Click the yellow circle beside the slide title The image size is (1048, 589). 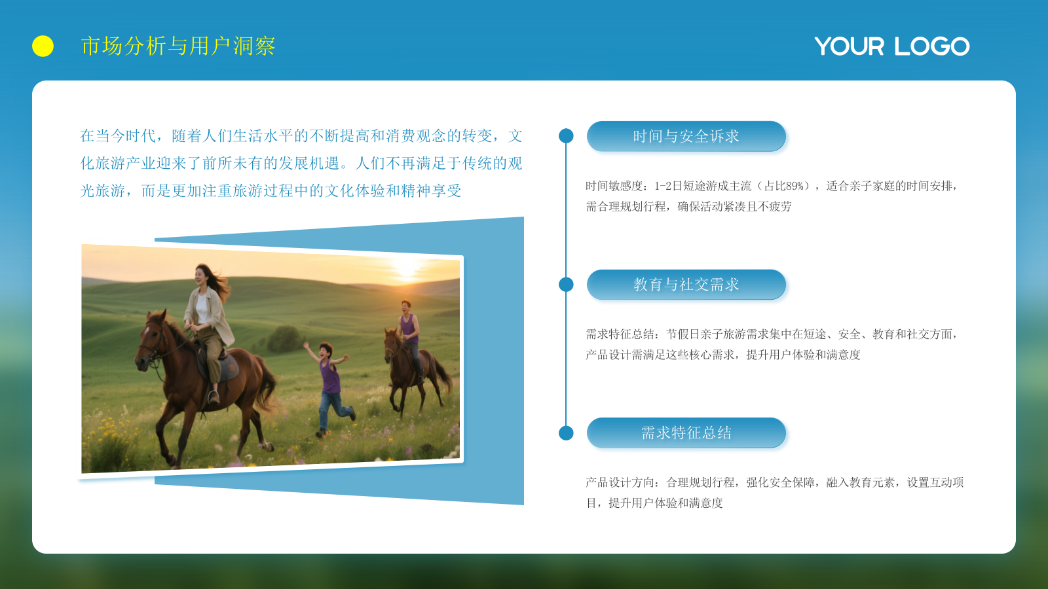pyautogui.click(x=43, y=46)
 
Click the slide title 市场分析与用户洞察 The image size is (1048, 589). pyautogui.click(x=178, y=46)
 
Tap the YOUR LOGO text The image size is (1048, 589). pyautogui.click(x=891, y=46)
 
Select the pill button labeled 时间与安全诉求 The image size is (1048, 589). pyautogui.click(x=686, y=136)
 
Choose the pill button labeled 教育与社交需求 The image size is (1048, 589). pyautogui.click(x=686, y=284)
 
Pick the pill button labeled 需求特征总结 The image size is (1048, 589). pyautogui.click(x=686, y=433)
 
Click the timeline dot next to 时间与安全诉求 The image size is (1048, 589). pyautogui.click(x=566, y=135)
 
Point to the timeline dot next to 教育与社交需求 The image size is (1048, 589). pyautogui.click(x=566, y=284)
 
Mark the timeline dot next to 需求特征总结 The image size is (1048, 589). pyautogui.click(x=566, y=433)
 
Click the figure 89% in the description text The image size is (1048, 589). pyautogui.click(x=795, y=186)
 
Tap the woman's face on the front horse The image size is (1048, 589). pyautogui.click(x=201, y=276)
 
